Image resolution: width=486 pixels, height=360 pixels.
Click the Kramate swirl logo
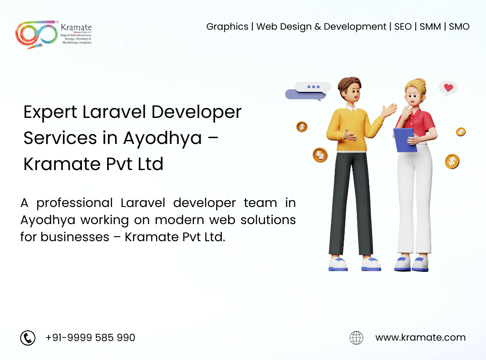[36, 34]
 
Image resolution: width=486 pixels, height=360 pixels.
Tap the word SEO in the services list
[403, 27]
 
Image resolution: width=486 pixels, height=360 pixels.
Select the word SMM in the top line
[430, 27]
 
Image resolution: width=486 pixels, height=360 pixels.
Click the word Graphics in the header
[227, 27]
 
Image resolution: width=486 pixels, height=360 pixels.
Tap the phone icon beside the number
[28, 337]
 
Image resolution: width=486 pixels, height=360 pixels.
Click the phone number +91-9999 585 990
[90, 337]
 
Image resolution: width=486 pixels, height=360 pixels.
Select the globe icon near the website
[356, 337]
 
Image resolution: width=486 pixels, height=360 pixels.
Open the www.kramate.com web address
[421, 337]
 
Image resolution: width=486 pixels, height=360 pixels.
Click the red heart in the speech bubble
[449, 87]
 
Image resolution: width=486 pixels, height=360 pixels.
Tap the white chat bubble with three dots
[313, 87]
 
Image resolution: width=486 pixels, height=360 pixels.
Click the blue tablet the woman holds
[405, 140]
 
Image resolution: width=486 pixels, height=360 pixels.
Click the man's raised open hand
[389, 110]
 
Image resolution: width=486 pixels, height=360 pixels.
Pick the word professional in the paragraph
[74, 203]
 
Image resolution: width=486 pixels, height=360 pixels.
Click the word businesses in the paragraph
[75, 237]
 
